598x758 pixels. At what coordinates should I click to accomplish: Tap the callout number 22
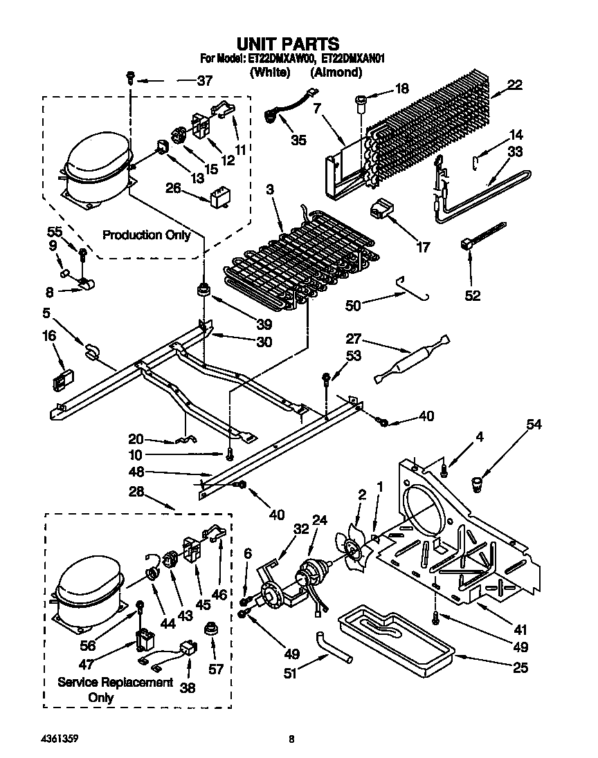pyautogui.click(x=514, y=84)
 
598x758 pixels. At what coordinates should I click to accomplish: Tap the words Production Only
pyautogui.click(x=146, y=235)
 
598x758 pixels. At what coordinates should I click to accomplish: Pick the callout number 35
pyautogui.click(x=298, y=140)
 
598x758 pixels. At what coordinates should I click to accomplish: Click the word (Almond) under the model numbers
pyautogui.click(x=336, y=71)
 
